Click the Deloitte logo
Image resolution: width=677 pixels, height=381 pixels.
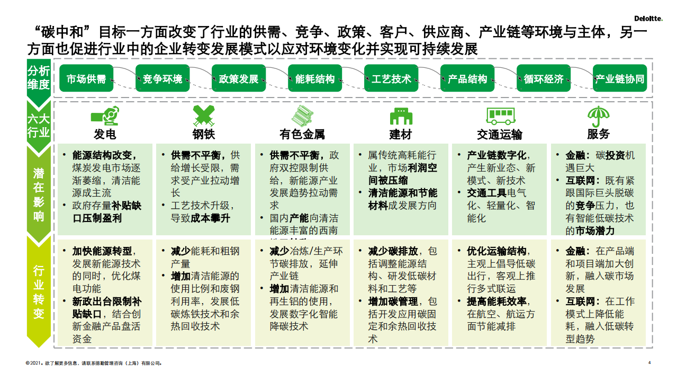click(648, 19)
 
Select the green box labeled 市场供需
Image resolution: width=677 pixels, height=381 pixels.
click(86, 79)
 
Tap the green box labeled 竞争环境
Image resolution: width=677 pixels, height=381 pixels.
click(163, 79)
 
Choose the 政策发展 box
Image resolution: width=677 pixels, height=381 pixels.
click(239, 79)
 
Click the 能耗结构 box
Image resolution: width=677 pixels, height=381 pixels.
click(315, 79)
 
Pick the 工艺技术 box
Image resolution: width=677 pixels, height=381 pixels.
click(391, 79)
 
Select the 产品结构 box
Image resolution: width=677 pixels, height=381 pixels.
click(467, 79)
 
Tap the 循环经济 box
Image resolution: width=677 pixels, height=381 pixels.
click(544, 79)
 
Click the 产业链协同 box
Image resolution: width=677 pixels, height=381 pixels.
click(620, 79)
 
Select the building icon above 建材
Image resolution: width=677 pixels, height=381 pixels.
click(401, 116)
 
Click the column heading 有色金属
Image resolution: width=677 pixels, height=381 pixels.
click(302, 134)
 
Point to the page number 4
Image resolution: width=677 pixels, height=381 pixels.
click(649, 363)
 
